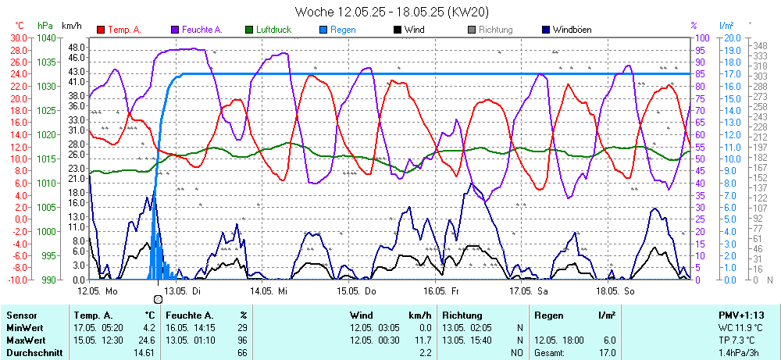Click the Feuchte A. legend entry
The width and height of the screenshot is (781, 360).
(201, 30)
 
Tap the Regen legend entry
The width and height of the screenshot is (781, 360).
(342, 30)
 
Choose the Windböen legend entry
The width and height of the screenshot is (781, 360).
(571, 30)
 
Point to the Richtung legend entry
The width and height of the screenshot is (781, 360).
(495, 30)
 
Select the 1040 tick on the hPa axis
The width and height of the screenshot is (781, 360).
(46, 37)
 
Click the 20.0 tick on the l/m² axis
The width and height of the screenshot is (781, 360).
(732, 37)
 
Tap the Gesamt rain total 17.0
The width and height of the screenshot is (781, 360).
(607, 353)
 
